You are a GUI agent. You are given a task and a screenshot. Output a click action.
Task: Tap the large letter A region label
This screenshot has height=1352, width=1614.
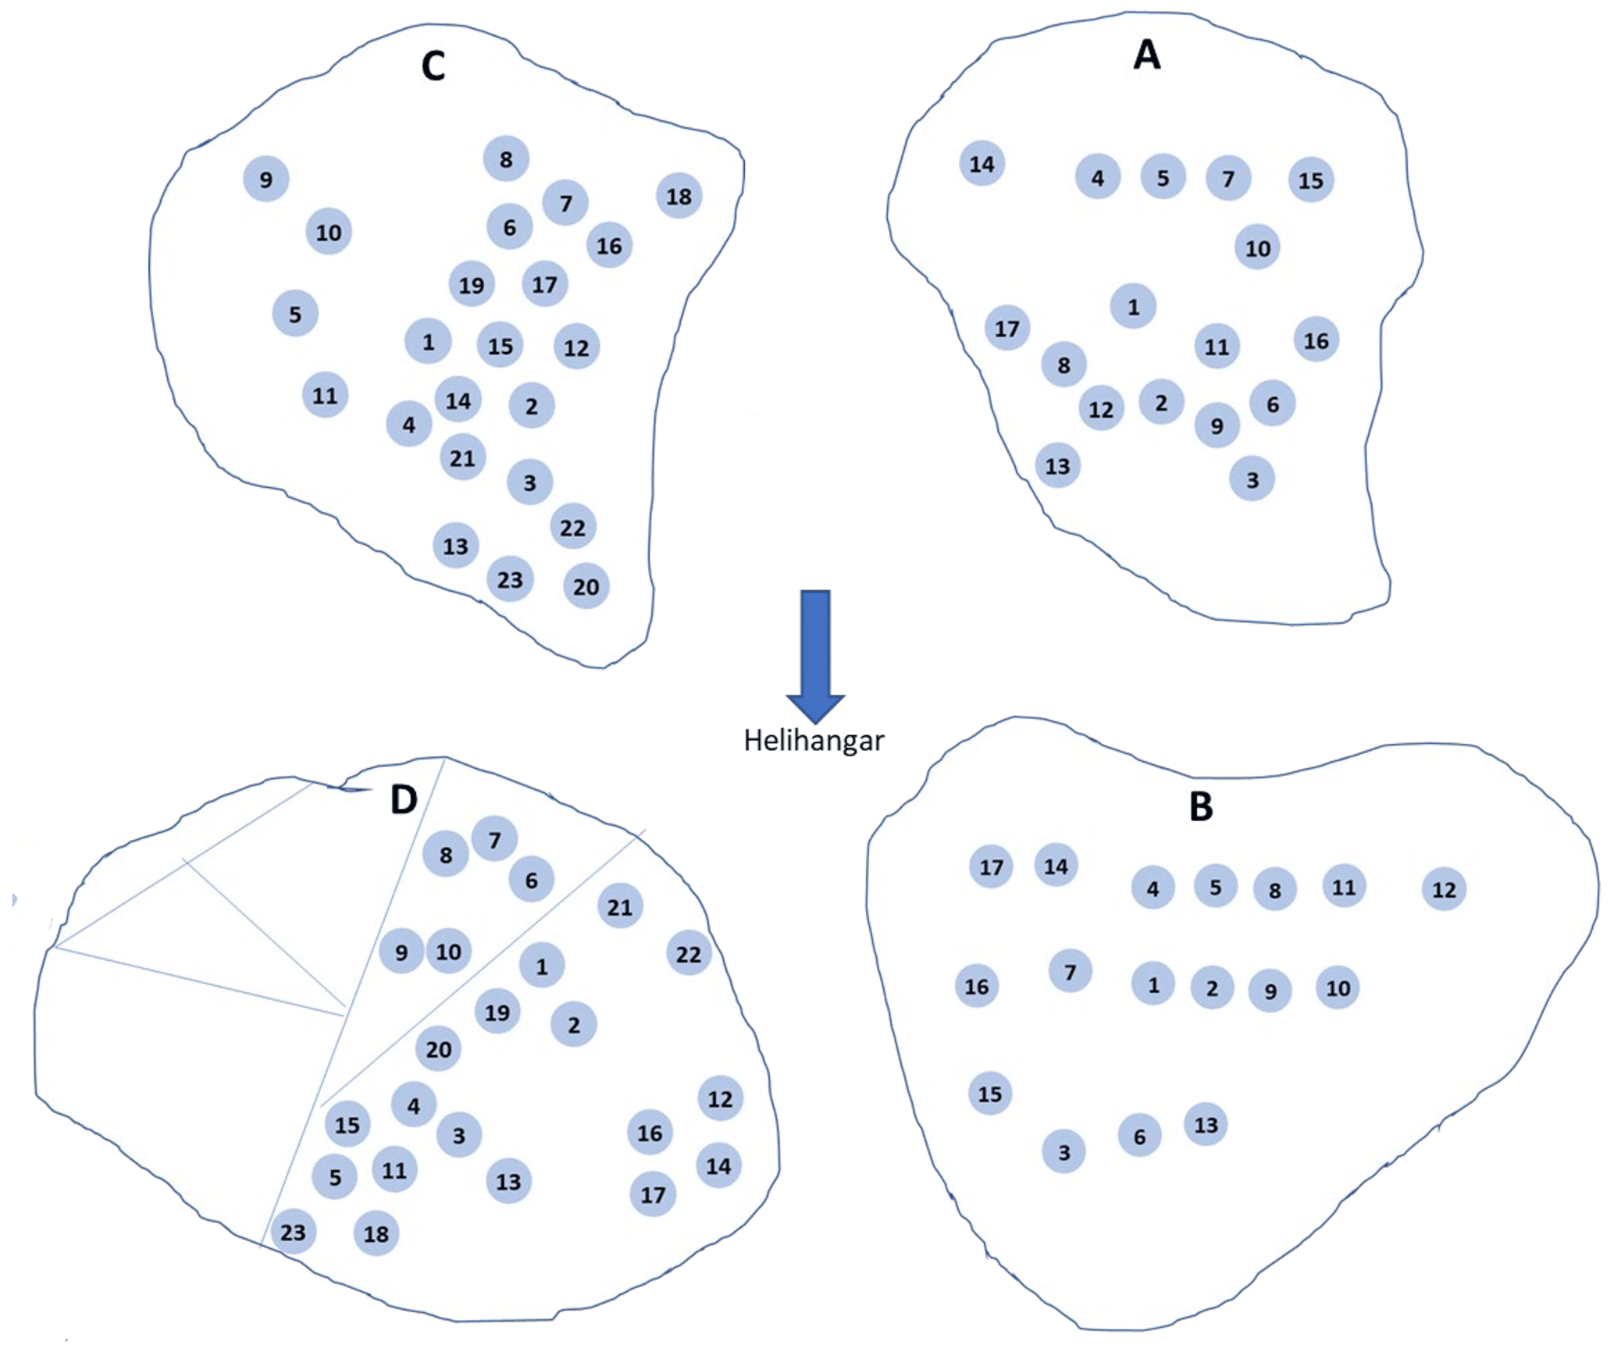[x=1146, y=55]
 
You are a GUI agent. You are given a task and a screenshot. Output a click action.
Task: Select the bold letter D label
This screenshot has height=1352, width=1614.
[x=404, y=799]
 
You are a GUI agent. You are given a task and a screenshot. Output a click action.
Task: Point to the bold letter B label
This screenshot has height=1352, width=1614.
[x=1201, y=806]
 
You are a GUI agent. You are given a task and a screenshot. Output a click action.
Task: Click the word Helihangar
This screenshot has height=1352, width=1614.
[x=814, y=740]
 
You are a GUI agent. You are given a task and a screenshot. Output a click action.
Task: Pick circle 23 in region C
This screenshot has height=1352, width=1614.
[x=510, y=579]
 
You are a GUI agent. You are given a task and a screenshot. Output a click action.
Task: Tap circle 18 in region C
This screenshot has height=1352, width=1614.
[x=679, y=196]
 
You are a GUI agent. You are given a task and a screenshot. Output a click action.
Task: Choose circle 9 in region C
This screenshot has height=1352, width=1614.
[x=266, y=180]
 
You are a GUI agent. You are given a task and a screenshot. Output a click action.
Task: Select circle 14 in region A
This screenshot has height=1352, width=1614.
[x=982, y=164]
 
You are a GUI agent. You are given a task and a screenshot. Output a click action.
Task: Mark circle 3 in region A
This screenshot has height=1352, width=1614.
[x=1252, y=479]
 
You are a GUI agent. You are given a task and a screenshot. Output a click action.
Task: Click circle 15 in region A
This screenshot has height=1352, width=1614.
[x=1310, y=180]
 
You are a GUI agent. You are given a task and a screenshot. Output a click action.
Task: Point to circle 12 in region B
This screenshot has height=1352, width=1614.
[x=1443, y=889]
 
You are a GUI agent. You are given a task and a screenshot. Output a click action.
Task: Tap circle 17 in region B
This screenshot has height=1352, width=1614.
[x=991, y=866]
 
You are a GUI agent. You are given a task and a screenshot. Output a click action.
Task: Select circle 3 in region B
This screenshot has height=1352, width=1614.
[x=1064, y=1151]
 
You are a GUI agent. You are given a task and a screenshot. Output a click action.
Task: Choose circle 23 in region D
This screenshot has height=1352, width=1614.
[x=293, y=1232]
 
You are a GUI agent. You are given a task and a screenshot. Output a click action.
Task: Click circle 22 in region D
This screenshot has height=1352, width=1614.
[x=688, y=953]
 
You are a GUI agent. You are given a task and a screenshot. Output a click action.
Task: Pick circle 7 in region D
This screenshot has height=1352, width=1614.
[x=494, y=839]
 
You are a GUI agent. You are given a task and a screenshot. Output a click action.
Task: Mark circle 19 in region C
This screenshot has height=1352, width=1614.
[x=471, y=284]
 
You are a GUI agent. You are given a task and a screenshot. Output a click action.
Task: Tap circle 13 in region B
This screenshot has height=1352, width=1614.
[x=1206, y=1124]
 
